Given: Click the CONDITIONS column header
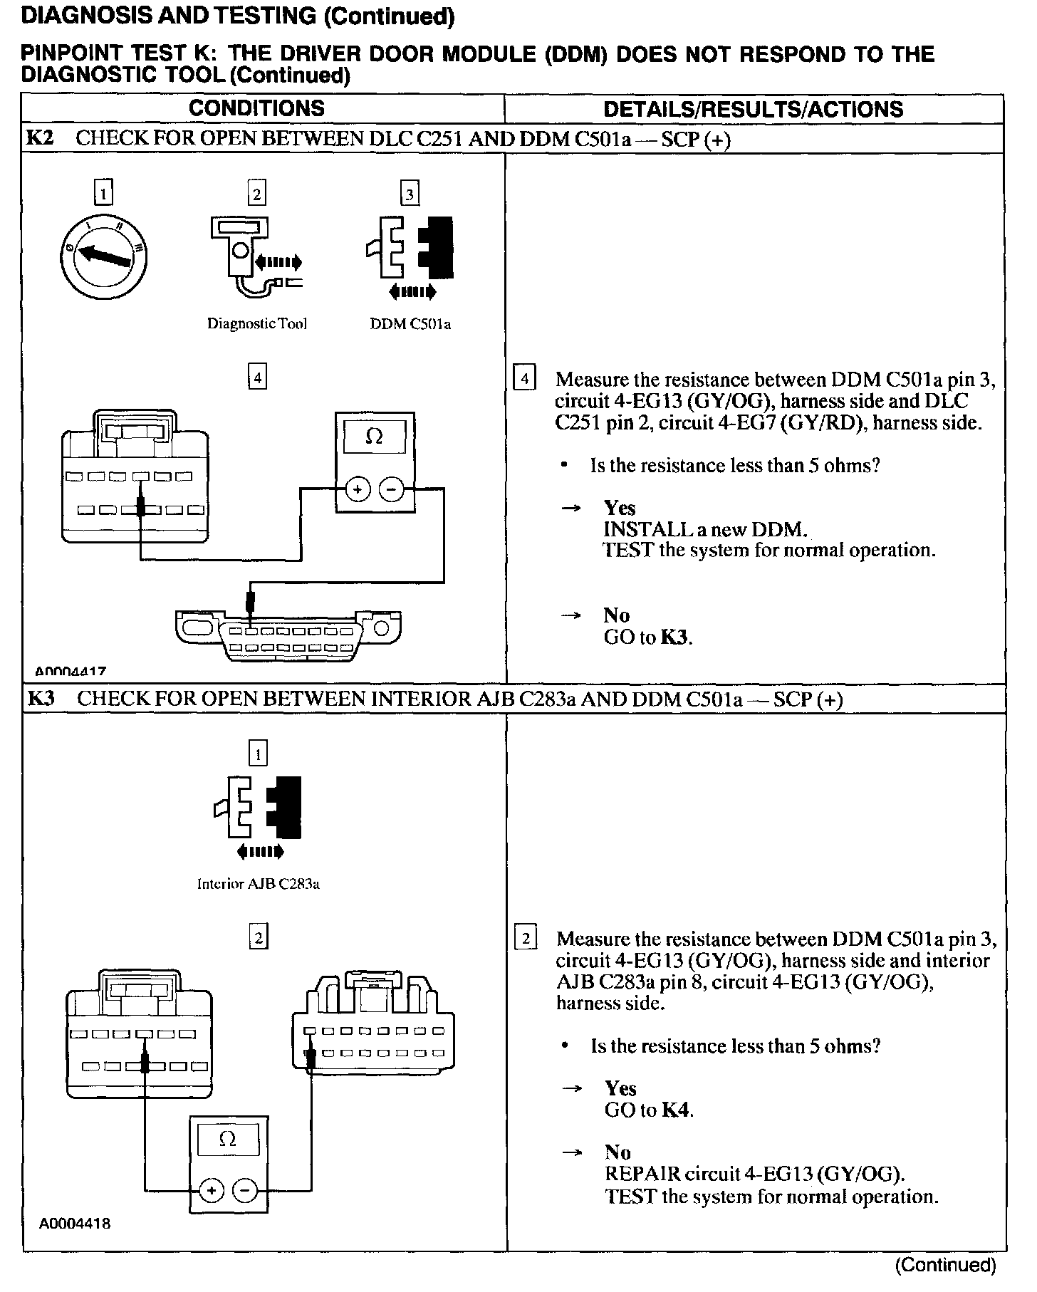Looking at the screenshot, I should tap(256, 108).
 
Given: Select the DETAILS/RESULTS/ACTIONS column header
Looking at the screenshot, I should tap(753, 109).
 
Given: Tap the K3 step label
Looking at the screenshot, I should tap(41, 698).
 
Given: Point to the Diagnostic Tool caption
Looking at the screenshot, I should tap(256, 324).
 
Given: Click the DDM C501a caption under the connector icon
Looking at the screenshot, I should tap(410, 324).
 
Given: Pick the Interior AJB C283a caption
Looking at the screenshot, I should tap(258, 884).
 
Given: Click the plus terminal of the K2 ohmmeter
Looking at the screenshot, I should tap(358, 489).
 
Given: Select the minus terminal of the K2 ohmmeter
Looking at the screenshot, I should tap(391, 489).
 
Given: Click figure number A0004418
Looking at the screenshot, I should tap(75, 1224).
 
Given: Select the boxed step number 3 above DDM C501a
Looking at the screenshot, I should tap(410, 194).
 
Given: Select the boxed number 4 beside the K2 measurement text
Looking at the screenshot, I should tap(524, 378).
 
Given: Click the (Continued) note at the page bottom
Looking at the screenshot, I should tap(944, 1265).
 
